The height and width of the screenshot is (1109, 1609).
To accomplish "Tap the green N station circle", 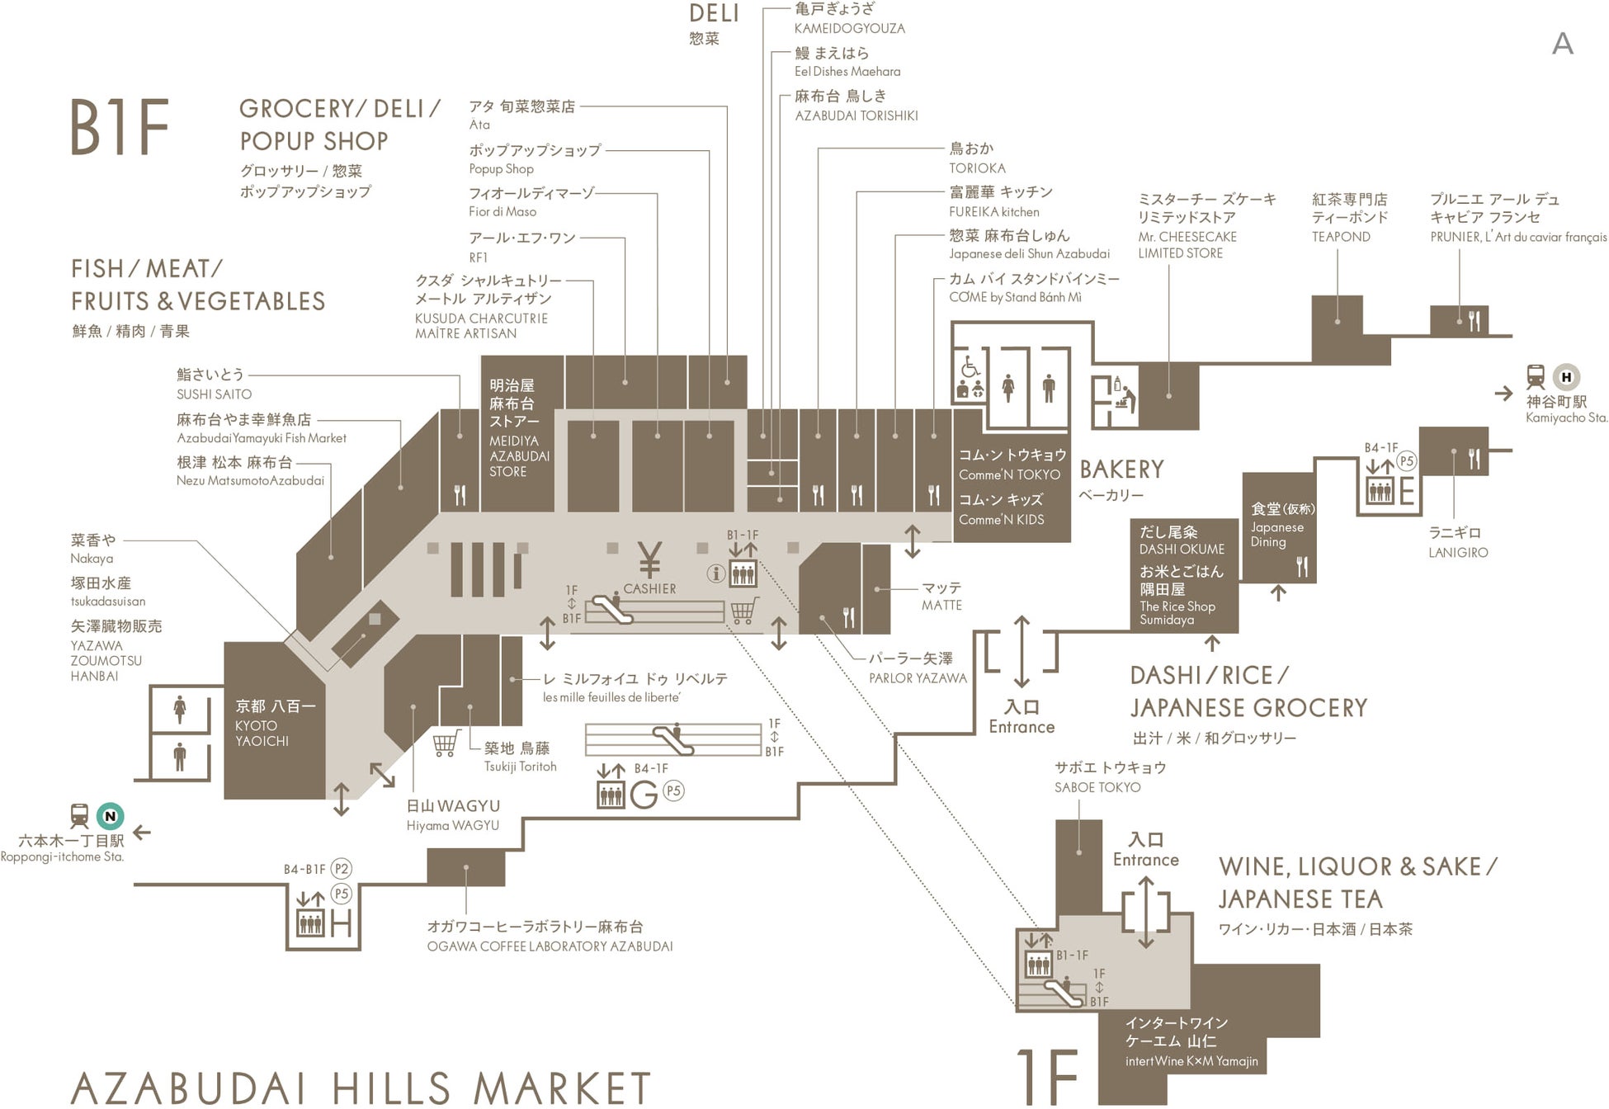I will [110, 816].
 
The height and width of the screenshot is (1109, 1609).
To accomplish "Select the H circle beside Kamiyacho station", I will [1566, 377].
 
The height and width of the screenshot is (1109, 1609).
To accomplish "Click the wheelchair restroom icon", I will [970, 366].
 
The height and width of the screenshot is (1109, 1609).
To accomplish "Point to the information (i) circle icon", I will [715, 573].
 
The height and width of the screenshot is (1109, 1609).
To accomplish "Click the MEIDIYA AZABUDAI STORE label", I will [518, 455].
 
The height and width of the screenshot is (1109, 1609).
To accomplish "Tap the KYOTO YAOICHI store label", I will [262, 733].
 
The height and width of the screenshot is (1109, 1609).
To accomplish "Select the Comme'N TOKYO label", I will [1009, 474].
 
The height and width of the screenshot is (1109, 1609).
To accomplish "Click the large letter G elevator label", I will [644, 795].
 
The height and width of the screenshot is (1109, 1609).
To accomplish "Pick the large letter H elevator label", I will [341, 923].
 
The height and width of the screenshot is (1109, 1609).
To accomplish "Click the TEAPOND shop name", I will [1341, 237].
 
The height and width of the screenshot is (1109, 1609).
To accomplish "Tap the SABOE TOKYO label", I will [1097, 787].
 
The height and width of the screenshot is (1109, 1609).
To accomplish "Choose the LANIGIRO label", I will [1458, 552].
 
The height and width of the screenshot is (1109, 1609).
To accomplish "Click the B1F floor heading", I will [120, 127].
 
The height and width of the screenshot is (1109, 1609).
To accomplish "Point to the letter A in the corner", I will [1562, 44].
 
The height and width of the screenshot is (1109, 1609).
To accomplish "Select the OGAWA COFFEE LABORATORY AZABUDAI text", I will [550, 946].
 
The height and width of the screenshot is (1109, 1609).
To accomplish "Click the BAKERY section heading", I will [1121, 470].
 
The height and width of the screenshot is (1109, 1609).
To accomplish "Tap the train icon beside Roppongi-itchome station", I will [79, 816].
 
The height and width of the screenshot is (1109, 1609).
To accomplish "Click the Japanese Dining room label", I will [1277, 534].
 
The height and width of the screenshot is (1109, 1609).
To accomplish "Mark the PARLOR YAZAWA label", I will [917, 678].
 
